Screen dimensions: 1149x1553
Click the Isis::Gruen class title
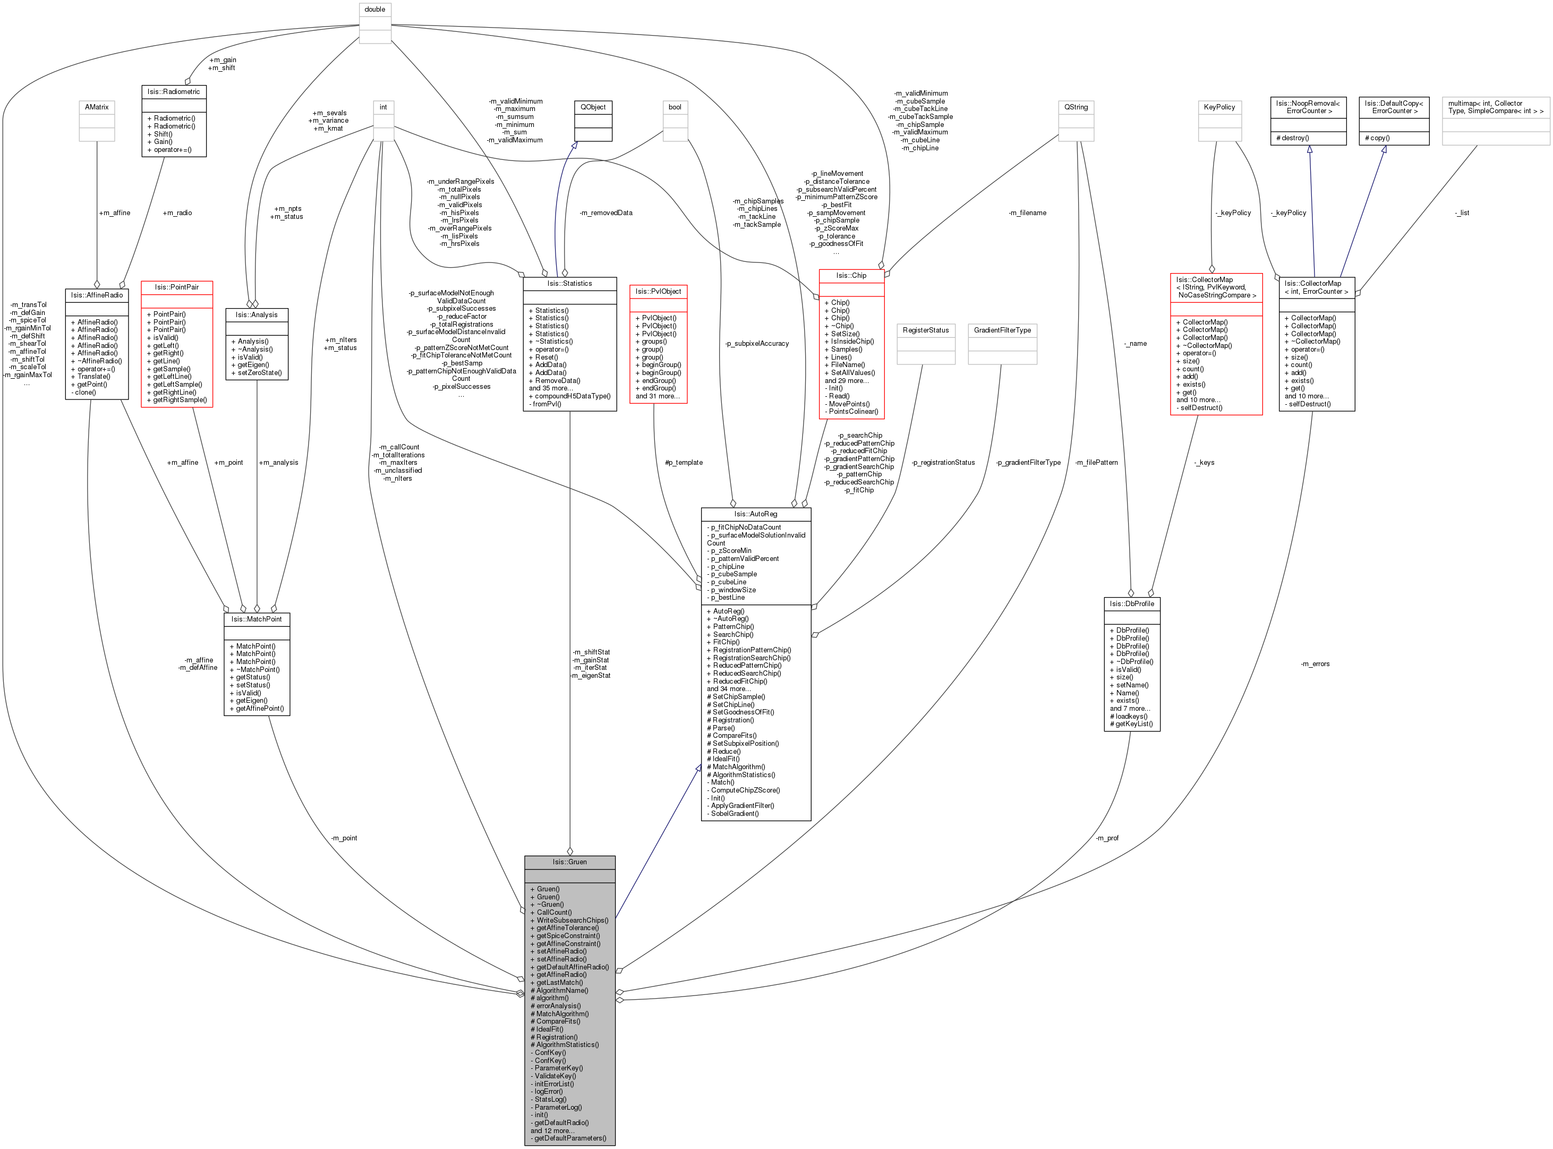coord(569,862)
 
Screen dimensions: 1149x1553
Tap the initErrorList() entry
coord(553,1084)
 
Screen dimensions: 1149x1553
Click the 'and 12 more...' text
coord(552,1131)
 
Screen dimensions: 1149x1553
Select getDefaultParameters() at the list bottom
coord(569,1138)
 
